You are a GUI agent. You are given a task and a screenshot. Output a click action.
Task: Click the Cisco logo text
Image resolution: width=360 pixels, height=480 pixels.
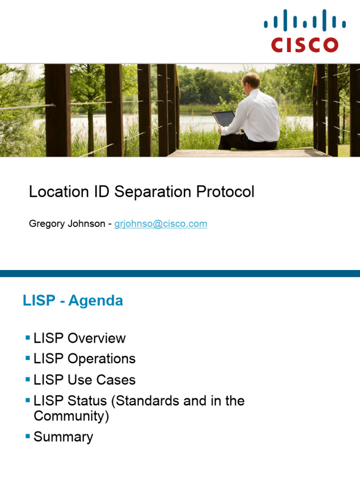tap(305, 45)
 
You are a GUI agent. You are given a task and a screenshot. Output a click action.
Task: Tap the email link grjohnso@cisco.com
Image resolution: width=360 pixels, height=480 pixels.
tap(161, 224)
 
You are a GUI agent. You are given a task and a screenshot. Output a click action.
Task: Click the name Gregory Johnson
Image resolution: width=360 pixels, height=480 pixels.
tap(67, 224)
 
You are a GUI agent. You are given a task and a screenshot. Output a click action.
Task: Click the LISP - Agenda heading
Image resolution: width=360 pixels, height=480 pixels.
tap(73, 300)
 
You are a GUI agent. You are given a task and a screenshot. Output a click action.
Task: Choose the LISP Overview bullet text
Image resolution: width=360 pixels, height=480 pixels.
tap(80, 338)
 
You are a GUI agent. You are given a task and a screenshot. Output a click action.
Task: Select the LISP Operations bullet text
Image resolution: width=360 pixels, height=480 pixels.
tap(84, 359)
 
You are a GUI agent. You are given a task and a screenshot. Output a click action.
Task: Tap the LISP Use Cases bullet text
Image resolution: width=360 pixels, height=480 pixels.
tap(84, 380)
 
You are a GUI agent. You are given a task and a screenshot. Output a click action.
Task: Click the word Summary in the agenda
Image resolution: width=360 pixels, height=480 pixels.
tap(63, 437)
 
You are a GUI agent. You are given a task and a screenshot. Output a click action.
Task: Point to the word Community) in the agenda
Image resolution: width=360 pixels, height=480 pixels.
tap(71, 416)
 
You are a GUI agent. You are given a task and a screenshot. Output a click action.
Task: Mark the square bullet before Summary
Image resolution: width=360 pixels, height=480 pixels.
tap(28, 436)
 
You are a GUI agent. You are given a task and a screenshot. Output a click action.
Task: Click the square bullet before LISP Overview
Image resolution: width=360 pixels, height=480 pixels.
tap(28, 337)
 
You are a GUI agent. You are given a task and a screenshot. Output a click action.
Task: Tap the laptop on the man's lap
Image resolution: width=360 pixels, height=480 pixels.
tap(224, 119)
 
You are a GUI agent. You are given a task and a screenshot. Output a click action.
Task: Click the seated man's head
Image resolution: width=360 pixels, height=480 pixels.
tap(251, 81)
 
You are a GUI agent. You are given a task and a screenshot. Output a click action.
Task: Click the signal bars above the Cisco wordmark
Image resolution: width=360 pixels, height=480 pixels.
tap(305, 22)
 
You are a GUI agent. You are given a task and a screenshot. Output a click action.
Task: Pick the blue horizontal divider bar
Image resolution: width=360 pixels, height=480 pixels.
tap(180, 273)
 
